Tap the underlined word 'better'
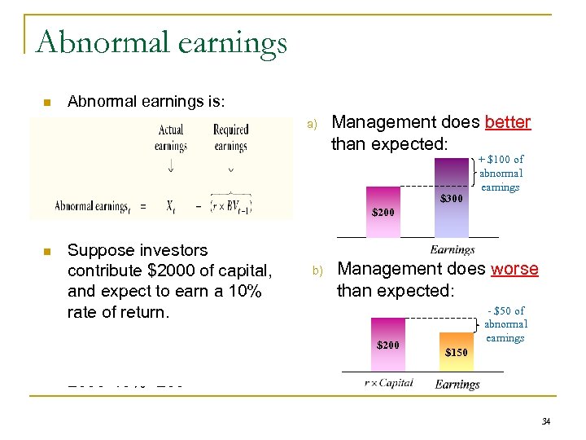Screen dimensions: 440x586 pos(507,122)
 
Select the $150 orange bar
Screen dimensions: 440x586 pos(456,351)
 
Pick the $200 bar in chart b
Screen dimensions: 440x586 pos(388,347)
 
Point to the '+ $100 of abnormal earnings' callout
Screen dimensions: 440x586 pos(501,173)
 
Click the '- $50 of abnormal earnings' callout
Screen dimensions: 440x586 pos(505,324)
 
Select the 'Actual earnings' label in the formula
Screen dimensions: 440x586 pos(171,138)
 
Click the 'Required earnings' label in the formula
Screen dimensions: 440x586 pos(230,138)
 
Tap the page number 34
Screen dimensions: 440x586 pos(546,421)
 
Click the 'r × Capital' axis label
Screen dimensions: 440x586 pos(389,382)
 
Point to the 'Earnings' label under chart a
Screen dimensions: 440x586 pos(453,250)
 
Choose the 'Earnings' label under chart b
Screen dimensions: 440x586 pos(457,384)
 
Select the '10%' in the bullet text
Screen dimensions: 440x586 pos(243,292)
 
